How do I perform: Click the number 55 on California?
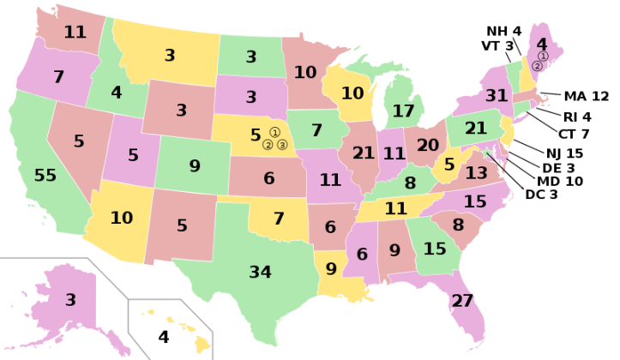(x=45, y=176)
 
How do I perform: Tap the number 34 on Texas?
(x=260, y=272)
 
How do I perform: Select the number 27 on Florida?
(x=462, y=301)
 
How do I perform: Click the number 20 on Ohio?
(x=427, y=145)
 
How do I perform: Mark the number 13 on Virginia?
(x=476, y=172)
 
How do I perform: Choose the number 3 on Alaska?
(x=70, y=300)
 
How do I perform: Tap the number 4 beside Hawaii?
(x=164, y=336)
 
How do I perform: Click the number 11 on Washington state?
(x=75, y=33)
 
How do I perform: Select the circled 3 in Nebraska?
(x=282, y=145)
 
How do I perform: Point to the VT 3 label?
(x=497, y=45)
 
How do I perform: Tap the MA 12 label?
(x=587, y=96)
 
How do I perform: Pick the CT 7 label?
(x=573, y=134)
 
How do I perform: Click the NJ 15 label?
(x=564, y=153)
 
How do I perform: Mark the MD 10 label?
(x=560, y=181)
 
